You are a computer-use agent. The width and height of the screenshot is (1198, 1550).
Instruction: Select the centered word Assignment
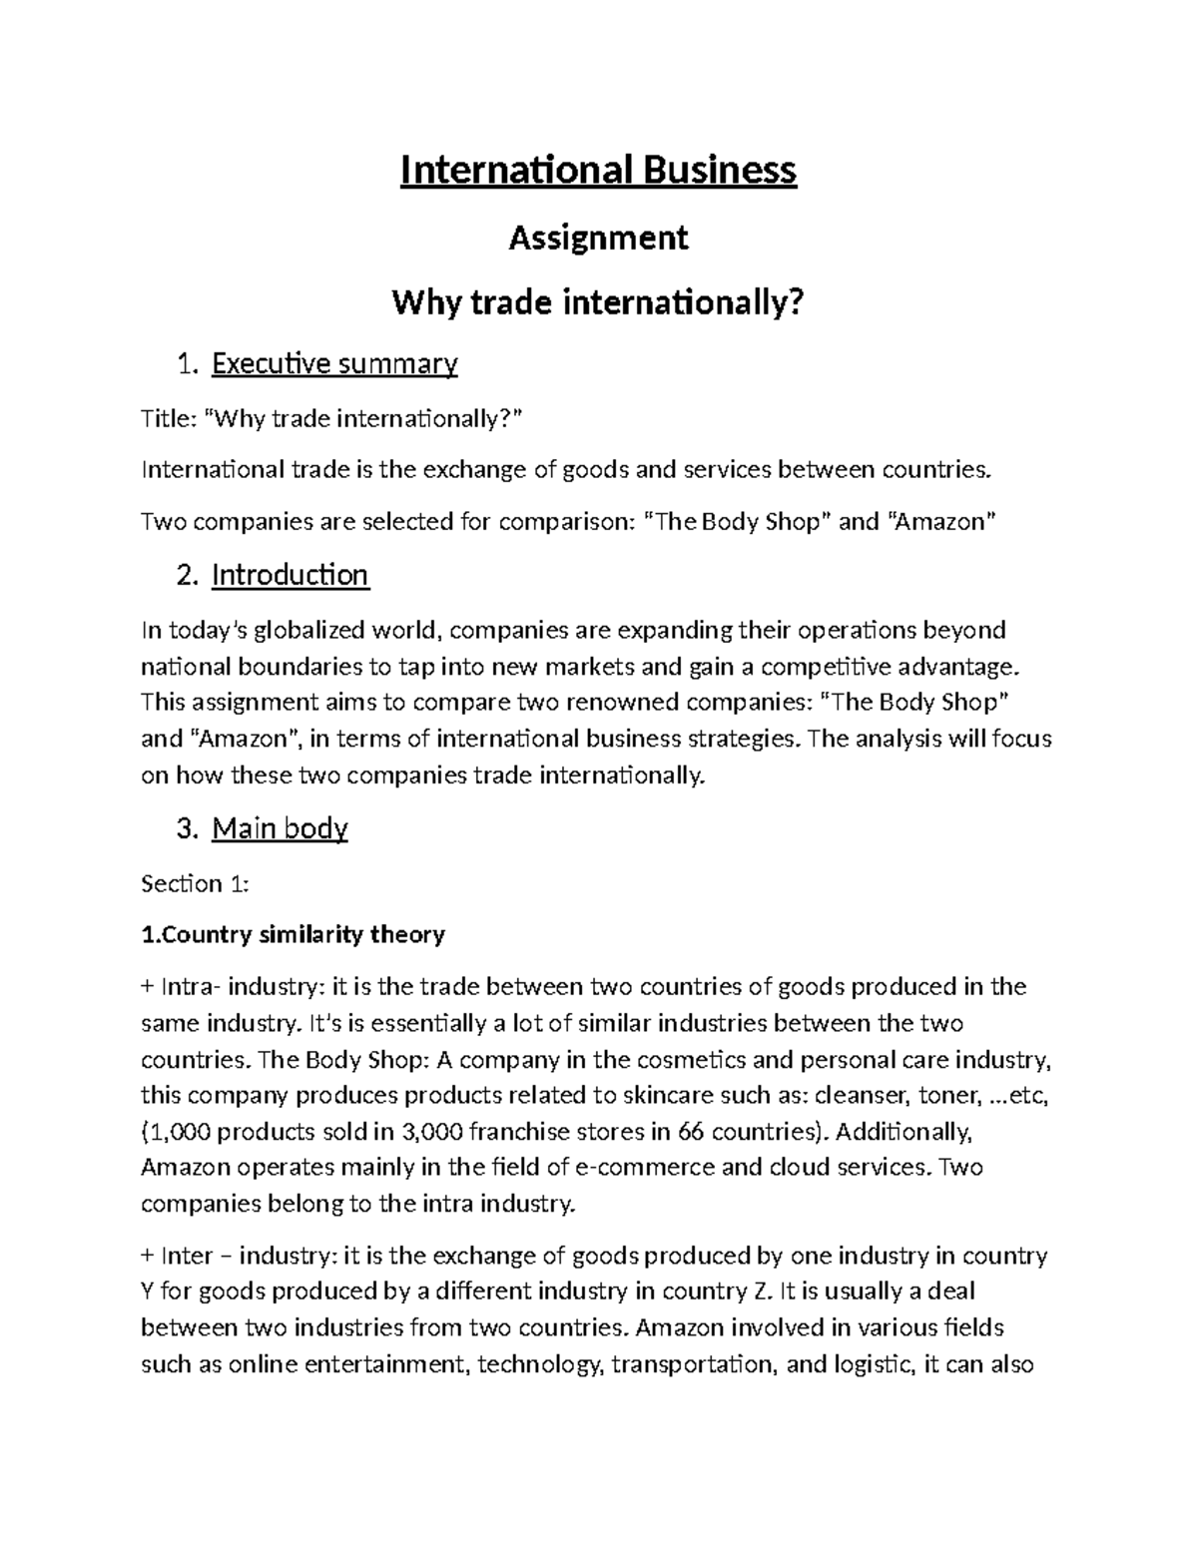[x=598, y=238]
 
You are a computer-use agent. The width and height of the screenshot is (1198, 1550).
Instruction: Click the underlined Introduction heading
[x=290, y=575]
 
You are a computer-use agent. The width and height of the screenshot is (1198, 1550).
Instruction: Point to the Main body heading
[x=280, y=828]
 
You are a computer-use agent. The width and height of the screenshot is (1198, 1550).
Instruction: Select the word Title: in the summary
[x=169, y=418]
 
